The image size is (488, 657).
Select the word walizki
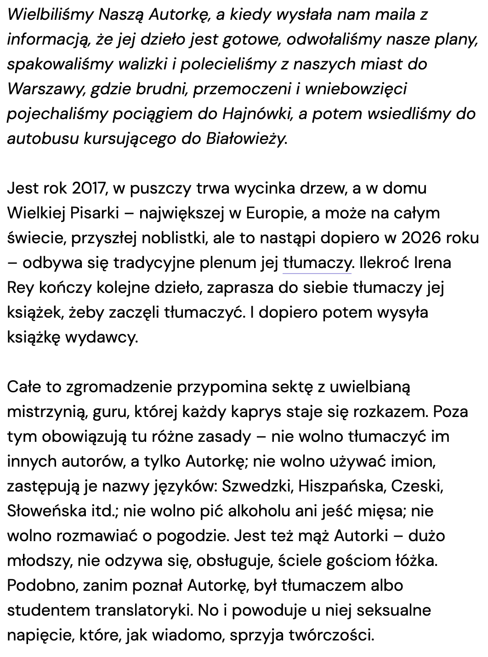tap(142, 64)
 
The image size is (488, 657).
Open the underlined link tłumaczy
tap(317, 263)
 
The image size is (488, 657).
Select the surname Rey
tap(20, 288)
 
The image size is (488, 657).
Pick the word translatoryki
tap(144, 611)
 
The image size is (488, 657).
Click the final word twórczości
tap(332, 635)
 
